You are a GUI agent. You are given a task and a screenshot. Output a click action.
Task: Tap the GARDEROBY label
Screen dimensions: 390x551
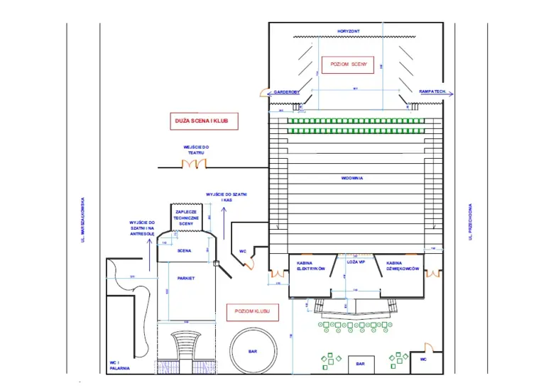pos(287,92)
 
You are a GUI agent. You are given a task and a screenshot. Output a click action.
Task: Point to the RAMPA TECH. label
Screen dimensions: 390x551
pos(432,92)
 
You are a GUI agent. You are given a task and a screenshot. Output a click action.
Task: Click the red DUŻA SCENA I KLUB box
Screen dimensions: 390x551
pos(202,121)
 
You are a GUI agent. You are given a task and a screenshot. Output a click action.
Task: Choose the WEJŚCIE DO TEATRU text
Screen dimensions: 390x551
pos(197,150)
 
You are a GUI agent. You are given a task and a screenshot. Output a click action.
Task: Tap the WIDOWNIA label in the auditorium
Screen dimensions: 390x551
pos(351,178)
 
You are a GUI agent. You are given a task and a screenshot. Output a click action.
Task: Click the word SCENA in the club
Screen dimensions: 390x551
pos(184,250)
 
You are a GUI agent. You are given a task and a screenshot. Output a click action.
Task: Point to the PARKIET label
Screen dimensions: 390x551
pos(186,278)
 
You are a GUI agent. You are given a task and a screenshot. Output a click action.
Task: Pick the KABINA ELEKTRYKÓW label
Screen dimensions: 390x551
pos(310,265)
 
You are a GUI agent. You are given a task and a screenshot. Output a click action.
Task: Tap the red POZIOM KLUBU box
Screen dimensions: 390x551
pos(252,311)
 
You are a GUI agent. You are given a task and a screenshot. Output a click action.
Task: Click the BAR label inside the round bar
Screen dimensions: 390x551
pos(252,351)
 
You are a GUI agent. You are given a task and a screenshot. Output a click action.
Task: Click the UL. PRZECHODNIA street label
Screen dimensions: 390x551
pos(469,222)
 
